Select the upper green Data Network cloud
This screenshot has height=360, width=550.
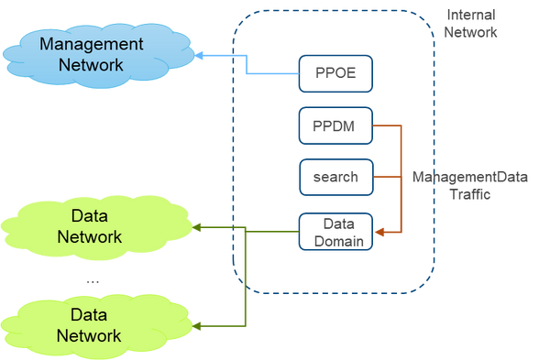point(89,226)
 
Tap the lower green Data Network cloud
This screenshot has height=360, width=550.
point(89,325)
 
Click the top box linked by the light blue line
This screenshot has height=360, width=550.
point(335,73)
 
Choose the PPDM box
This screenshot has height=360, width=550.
point(335,125)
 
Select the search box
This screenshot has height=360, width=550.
point(335,177)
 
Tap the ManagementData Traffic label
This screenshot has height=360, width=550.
point(469,185)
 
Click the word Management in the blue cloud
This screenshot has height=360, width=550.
point(91,44)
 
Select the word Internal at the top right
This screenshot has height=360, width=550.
point(470,15)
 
